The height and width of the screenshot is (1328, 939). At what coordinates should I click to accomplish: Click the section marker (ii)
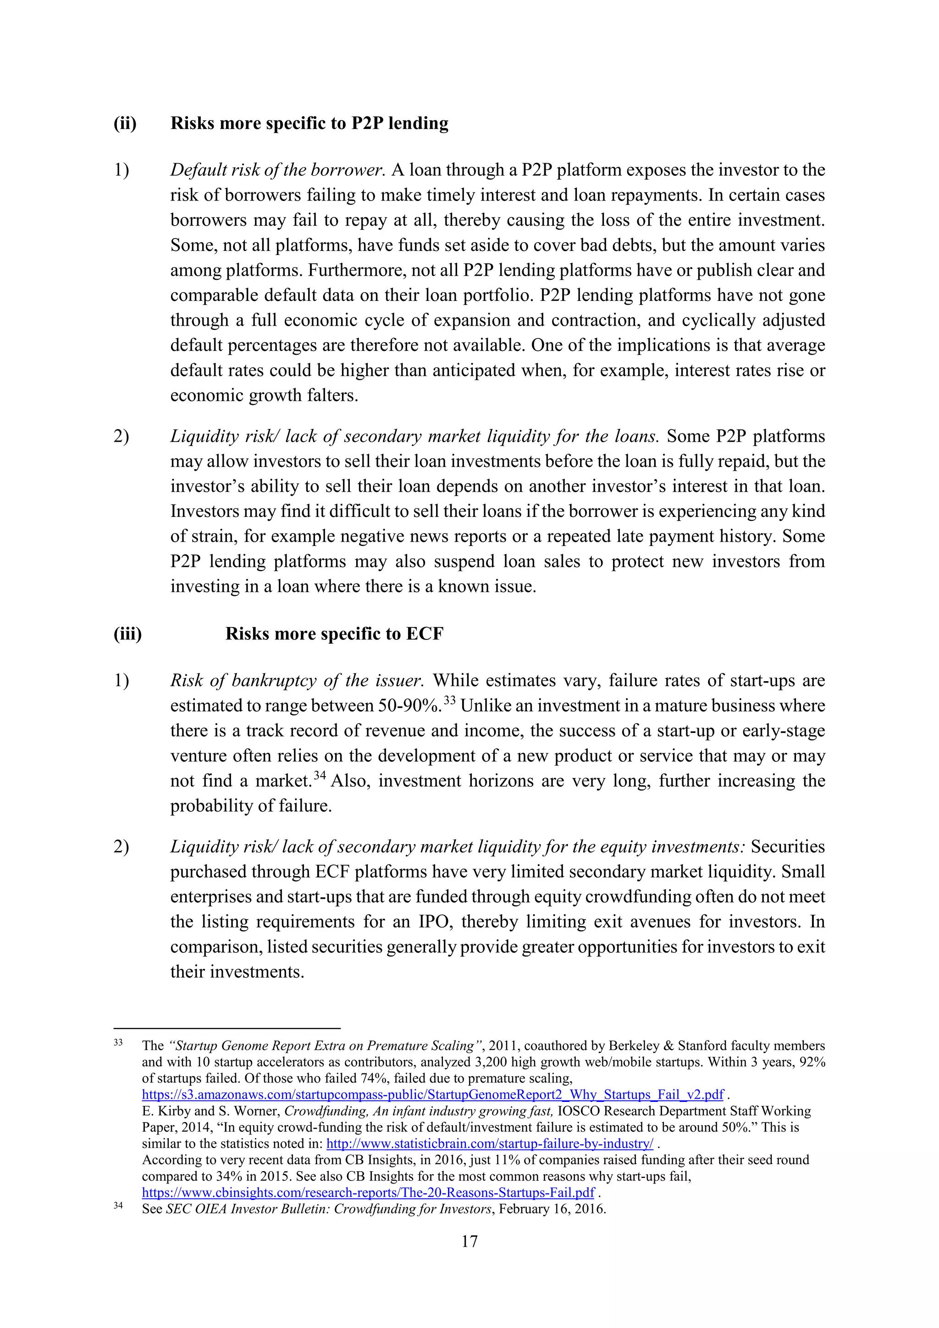click(x=125, y=123)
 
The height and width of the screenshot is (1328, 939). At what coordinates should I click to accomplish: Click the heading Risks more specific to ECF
click(x=334, y=633)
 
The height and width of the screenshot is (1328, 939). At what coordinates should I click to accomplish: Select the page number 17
click(x=469, y=1241)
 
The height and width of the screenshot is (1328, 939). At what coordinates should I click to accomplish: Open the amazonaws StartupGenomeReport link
click(x=432, y=1095)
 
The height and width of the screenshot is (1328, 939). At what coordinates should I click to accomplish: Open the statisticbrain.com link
click(x=490, y=1144)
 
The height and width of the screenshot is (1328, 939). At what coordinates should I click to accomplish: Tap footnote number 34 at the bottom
click(x=119, y=1206)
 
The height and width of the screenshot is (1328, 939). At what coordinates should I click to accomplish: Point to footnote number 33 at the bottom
click(x=119, y=1043)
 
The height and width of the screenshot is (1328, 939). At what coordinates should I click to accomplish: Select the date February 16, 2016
click(x=552, y=1209)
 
